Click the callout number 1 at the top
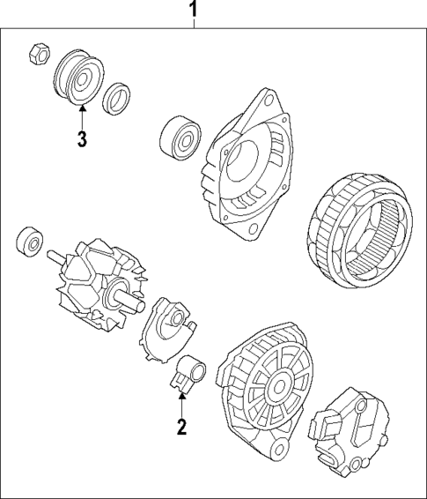pos(195,11)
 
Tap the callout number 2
pos(181,429)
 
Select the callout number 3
pos(81,138)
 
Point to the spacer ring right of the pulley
pos(115,99)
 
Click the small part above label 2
pos(186,374)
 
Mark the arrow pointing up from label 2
pos(181,405)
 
